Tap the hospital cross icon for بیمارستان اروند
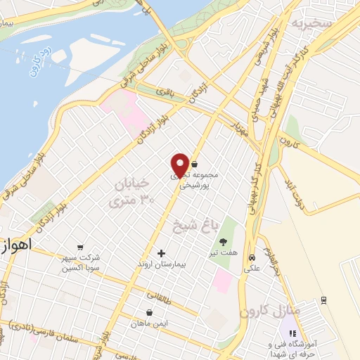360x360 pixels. [x=162, y=253]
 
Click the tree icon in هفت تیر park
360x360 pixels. [x=224, y=243]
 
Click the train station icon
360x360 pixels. [x=323, y=300]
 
